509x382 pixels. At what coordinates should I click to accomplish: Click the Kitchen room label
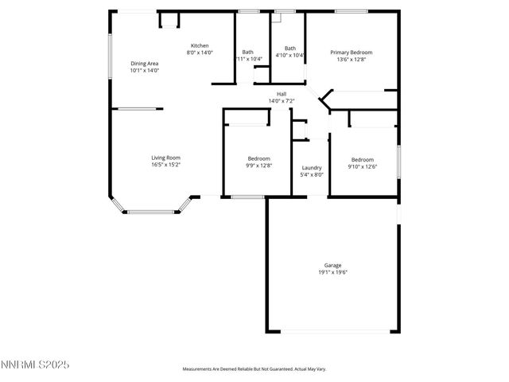199,45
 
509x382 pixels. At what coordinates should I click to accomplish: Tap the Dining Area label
145,63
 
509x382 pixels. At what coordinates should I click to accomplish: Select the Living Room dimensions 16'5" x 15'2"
165,165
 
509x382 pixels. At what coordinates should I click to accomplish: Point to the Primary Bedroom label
351,52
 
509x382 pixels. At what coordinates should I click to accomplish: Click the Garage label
332,265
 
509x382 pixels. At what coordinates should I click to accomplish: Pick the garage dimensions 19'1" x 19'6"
332,272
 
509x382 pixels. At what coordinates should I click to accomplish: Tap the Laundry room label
312,167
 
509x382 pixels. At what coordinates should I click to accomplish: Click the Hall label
282,94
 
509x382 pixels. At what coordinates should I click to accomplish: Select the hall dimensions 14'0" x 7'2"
282,101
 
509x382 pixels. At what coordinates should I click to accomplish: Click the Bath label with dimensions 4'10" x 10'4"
289,48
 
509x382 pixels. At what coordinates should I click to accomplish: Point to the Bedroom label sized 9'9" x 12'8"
259,158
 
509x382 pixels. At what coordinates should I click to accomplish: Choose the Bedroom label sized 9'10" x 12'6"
362,159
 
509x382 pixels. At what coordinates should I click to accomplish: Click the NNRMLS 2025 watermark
36,364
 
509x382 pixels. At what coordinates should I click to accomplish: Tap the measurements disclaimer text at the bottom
254,368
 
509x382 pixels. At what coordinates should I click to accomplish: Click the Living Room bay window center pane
151,212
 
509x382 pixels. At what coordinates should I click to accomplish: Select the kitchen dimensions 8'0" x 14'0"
199,53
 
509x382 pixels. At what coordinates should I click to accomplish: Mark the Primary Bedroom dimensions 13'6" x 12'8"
351,59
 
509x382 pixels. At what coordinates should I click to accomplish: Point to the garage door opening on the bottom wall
332,331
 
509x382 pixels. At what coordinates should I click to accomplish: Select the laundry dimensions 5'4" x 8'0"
312,174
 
